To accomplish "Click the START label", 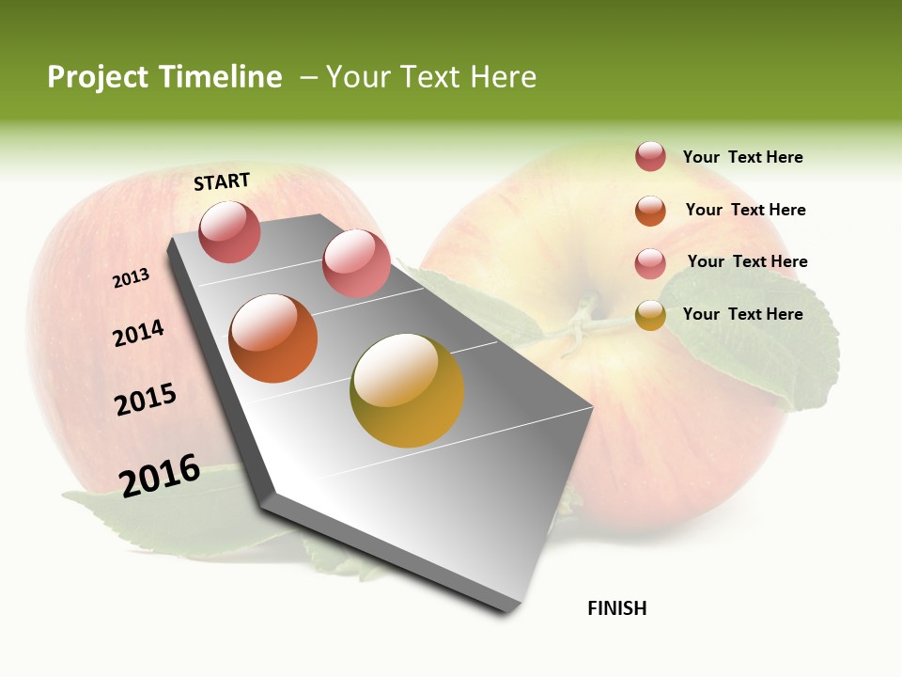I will tap(222, 181).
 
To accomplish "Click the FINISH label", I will tap(616, 608).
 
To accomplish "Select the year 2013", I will tap(131, 278).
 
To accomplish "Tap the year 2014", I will tap(138, 333).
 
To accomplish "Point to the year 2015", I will tap(146, 399).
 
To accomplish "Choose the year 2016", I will tap(160, 476).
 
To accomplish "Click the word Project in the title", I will tap(98, 77).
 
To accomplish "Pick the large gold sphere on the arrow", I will tap(407, 390).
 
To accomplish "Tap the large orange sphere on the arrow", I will tap(273, 338).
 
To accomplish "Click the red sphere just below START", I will tap(230, 231).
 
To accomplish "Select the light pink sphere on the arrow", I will tap(356, 263).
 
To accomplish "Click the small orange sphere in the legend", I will tap(650, 211).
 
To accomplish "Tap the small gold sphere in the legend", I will tap(650, 315).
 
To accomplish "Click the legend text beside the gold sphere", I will tap(742, 314).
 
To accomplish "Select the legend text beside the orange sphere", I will tap(745, 210).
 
